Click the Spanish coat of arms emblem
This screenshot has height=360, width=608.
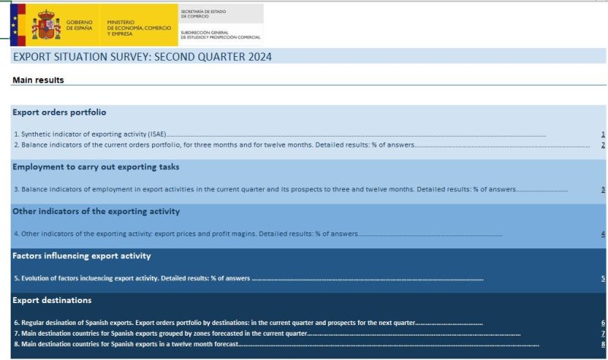click(x=46, y=24)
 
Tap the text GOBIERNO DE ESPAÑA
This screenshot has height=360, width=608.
click(x=80, y=25)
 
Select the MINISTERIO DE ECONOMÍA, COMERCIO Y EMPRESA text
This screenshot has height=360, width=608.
click(x=138, y=29)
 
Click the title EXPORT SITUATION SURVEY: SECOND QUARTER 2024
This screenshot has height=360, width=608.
click(x=142, y=57)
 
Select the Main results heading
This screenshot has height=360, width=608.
click(x=38, y=80)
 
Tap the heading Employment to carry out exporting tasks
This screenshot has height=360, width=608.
click(x=96, y=166)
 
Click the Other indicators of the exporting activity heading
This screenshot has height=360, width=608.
click(x=96, y=211)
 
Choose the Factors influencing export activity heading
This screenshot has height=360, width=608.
click(x=82, y=256)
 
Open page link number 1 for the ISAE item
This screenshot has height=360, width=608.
click(x=603, y=134)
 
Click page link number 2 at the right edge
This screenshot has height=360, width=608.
click(x=603, y=144)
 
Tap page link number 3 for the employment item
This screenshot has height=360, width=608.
click(x=603, y=189)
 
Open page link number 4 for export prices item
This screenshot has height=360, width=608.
click(x=603, y=234)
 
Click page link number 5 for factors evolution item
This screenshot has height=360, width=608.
click(x=603, y=279)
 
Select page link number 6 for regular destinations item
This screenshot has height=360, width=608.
click(x=603, y=323)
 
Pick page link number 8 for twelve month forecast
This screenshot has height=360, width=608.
click(x=603, y=344)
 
